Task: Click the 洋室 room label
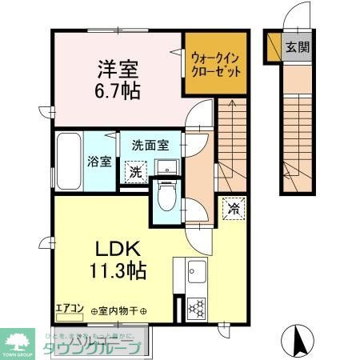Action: click(117, 66)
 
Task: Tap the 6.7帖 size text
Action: click(117, 90)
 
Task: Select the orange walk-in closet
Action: click(214, 63)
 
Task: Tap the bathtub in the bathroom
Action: click(68, 160)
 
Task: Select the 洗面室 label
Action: click(150, 146)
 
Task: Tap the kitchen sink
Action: click(194, 277)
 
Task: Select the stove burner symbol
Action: click(194, 307)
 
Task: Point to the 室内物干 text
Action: click(119, 310)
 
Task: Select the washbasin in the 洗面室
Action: click(166, 167)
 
